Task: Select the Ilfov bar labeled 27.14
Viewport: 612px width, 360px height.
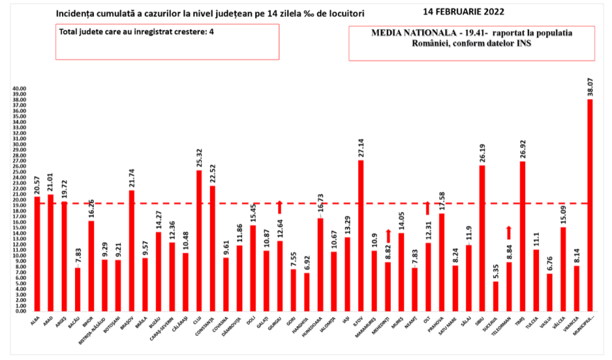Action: [361, 236]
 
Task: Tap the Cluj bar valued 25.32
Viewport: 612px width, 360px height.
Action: [199, 240]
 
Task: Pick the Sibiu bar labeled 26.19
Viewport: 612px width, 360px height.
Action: [482, 238]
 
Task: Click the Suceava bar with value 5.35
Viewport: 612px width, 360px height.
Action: [496, 296]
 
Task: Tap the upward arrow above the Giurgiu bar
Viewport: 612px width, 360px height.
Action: [280, 206]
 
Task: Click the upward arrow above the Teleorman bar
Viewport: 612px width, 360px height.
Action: [509, 232]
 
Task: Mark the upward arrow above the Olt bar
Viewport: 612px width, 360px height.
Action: [428, 207]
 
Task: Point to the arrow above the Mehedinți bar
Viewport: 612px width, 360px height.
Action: [388, 236]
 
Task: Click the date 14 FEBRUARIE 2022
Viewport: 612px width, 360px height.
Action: [464, 12]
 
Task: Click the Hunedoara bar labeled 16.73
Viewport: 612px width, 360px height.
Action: [321, 265]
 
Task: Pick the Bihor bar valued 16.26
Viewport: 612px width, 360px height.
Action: [91, 266]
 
